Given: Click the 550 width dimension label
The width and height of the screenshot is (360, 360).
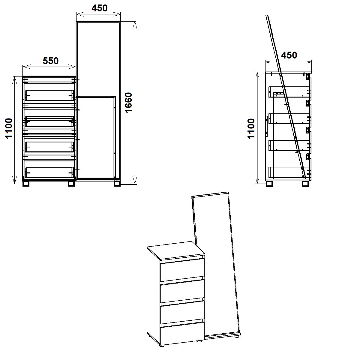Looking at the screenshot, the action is coord(51,61).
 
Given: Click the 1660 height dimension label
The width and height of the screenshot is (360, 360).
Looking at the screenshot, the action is coord(128,103).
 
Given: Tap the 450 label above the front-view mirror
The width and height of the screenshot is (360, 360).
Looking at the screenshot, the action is coord(99,8).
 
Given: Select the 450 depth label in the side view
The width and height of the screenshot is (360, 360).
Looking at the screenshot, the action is coord(289,55).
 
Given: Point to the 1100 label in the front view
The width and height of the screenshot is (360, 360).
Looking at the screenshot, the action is coord(9,128).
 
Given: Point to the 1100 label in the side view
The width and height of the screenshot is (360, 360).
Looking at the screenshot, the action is coord(251,128).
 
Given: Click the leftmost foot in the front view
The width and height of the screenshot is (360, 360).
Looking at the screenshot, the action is coord(26,184).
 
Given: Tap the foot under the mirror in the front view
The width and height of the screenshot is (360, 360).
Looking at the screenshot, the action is coord(117,184).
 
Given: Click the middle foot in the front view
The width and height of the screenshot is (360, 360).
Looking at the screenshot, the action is coord(71,184).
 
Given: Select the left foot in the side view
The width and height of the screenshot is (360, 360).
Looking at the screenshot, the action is coord(269,184).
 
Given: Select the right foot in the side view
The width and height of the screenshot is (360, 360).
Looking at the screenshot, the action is coord(306,184).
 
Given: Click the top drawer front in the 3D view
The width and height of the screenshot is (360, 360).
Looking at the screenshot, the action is coord(182,270).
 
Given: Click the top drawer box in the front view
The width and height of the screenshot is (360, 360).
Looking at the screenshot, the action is coord(49,95).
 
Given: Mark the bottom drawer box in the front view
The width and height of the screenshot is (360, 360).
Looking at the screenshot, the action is coord(49,172).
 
